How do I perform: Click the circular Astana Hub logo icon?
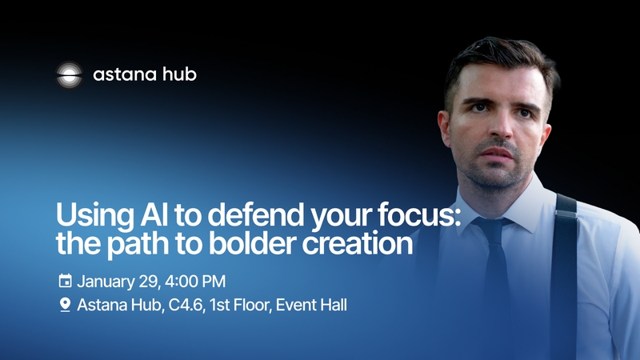69,74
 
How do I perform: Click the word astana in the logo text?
125,74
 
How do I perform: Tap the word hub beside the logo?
179,74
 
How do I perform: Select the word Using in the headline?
94,216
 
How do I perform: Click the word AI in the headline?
154,214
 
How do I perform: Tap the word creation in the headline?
357,243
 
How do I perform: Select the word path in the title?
138,245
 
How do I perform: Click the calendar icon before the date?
66,281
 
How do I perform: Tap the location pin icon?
66,305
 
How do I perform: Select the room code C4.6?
186,305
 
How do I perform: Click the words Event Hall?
311,305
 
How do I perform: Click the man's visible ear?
445,128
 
